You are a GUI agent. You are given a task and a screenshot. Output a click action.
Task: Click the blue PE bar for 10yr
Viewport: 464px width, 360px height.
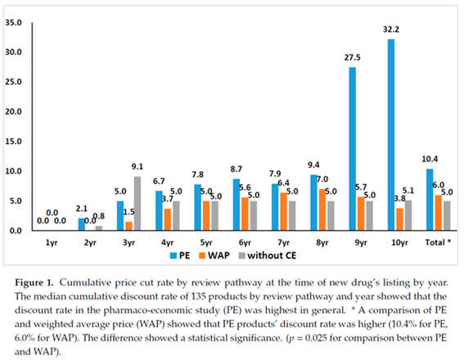click(x=391, y=135)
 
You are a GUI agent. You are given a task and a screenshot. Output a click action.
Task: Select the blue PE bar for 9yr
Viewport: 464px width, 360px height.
click(x=352, y=149)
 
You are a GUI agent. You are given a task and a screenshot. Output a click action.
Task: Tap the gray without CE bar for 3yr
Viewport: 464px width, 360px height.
click(x=137, y=204)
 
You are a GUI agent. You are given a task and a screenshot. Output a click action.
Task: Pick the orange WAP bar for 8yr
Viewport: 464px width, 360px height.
click(x=322, y=209)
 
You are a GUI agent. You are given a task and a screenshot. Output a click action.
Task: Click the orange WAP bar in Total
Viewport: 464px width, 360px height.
click(x=438, y=213)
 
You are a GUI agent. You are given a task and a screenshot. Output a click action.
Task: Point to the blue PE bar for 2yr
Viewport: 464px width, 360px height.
click(x=81, y=224)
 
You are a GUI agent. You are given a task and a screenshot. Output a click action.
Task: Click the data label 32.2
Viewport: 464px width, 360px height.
click(x=391, y=29)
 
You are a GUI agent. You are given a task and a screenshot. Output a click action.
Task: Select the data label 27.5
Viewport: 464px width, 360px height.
click(x=352, y=57)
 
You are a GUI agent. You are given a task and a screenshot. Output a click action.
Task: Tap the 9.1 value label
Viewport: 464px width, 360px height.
click(x=137, y=167)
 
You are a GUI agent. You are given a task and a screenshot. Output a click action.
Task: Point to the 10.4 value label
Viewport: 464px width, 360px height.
click(x=430, y=160)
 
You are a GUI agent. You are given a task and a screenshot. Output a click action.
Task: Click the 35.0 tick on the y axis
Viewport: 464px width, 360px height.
click(x=13, y=22)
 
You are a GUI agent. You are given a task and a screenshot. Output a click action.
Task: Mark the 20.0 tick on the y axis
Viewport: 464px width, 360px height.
click(x=13, y=112)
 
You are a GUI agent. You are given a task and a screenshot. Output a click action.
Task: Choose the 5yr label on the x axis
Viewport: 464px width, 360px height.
click(x=206, y=243)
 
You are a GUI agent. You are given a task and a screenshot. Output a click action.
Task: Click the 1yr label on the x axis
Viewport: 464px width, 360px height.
click(x=52, y=243)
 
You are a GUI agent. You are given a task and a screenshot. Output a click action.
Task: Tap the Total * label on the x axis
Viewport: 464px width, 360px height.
click(x=438, y=242)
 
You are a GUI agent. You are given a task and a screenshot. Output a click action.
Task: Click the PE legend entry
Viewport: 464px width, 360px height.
click(x=180, y=255)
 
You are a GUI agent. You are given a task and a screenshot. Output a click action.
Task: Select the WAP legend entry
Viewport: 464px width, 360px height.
click(x=214, y=255)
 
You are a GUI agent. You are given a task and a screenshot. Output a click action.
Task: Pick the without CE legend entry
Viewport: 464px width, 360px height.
click(x=268, y=255)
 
